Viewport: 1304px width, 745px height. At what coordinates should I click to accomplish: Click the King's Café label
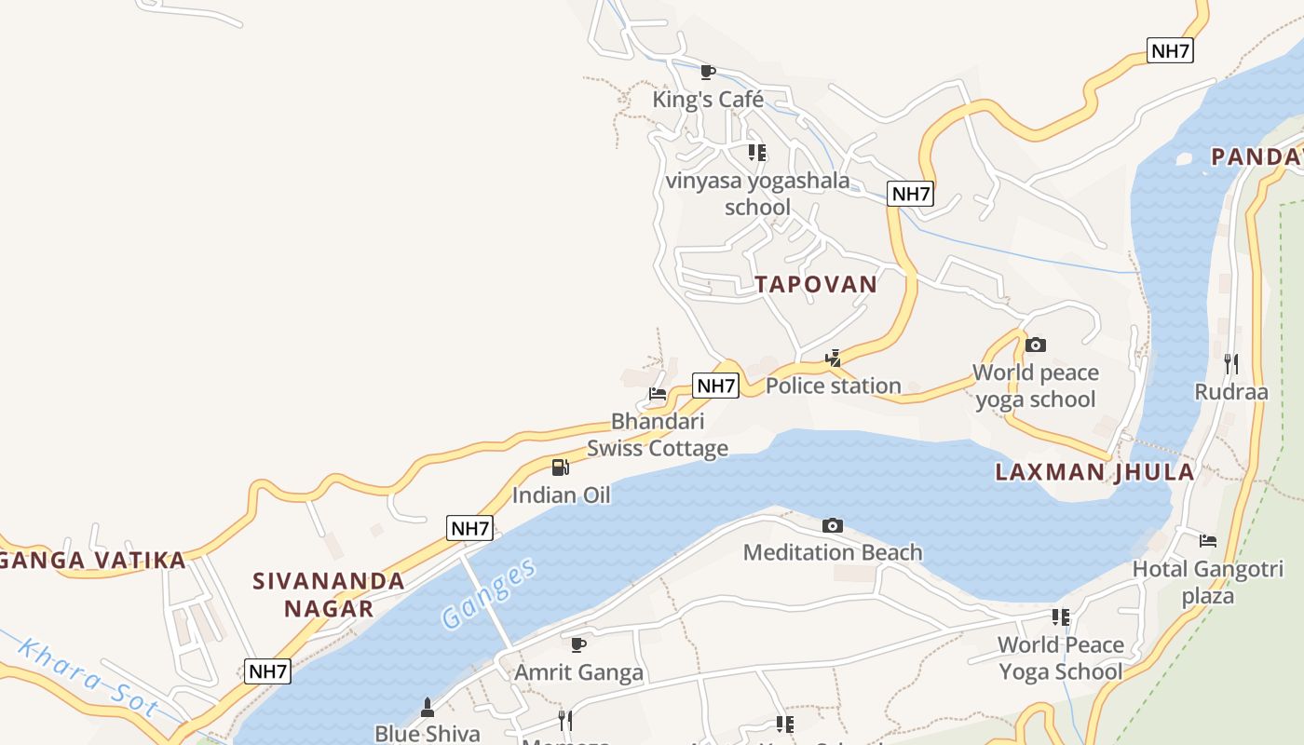coord(708,100)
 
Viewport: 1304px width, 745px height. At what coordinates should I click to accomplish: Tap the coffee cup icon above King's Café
coord(708,72)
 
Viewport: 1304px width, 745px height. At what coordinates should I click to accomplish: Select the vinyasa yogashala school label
coord(757,194)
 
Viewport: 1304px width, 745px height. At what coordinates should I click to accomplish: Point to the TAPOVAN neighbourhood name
coord(816,285)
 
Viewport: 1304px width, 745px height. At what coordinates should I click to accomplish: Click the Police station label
coord(833,386)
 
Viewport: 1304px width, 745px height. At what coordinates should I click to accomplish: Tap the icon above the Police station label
coord(834,358)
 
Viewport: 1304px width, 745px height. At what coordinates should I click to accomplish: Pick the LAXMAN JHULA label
coord(1094,472)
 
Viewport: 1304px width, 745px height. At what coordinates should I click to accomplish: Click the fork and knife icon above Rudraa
coord(1230,363)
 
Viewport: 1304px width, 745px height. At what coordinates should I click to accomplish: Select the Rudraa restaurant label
coord(1231,392)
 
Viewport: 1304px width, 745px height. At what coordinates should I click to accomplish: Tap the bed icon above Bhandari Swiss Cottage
coord(658,394)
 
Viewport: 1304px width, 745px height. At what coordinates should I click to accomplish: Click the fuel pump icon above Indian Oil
coord(560,467)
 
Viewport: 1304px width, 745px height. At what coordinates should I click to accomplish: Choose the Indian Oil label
coord(562,495)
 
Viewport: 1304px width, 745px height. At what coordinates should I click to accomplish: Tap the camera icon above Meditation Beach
coord(833,526)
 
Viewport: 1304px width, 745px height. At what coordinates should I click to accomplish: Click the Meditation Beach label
coord(833,553)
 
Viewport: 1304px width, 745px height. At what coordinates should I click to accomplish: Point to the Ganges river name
coord(490,594)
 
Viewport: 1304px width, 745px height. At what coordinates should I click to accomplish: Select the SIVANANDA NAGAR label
coord(329,595)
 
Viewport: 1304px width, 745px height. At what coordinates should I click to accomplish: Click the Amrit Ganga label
coord(579,672)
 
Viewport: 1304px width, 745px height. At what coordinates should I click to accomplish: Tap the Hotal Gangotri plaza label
coord(1207,582)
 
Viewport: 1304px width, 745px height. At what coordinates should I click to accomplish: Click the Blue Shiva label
coord(428,734)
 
